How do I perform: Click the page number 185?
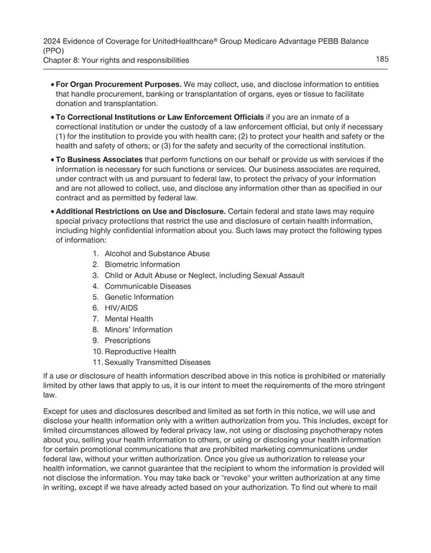coord(381,60)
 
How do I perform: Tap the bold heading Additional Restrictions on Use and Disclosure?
coord(140,211)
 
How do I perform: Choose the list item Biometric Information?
coord(142,265)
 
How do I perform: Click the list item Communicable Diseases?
coord(148,286)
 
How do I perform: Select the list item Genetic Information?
coord(139,297)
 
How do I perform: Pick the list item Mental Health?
coord(129,318)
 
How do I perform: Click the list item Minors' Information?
coord(139,330)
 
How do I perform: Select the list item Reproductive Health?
coord(140,351)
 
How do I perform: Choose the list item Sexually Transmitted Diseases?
coord(159,362)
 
